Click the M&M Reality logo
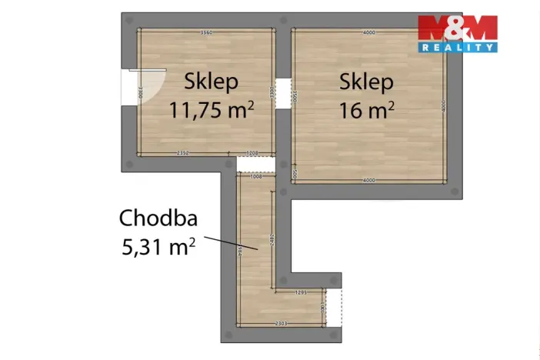(457, 33)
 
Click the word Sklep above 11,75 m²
(211, 81)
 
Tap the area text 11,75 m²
(212, 110)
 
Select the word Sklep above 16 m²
(367, 82)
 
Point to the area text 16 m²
(367, 110)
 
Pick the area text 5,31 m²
(158, 247)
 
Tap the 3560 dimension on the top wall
(205, 32)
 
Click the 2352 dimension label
(183, 153)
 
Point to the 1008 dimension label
(256, 176)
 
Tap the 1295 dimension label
(302, 293)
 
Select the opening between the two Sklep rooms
(282, 92)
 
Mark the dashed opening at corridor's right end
(333, 308)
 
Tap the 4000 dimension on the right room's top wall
(368, 32)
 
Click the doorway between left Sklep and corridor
(255, 164)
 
